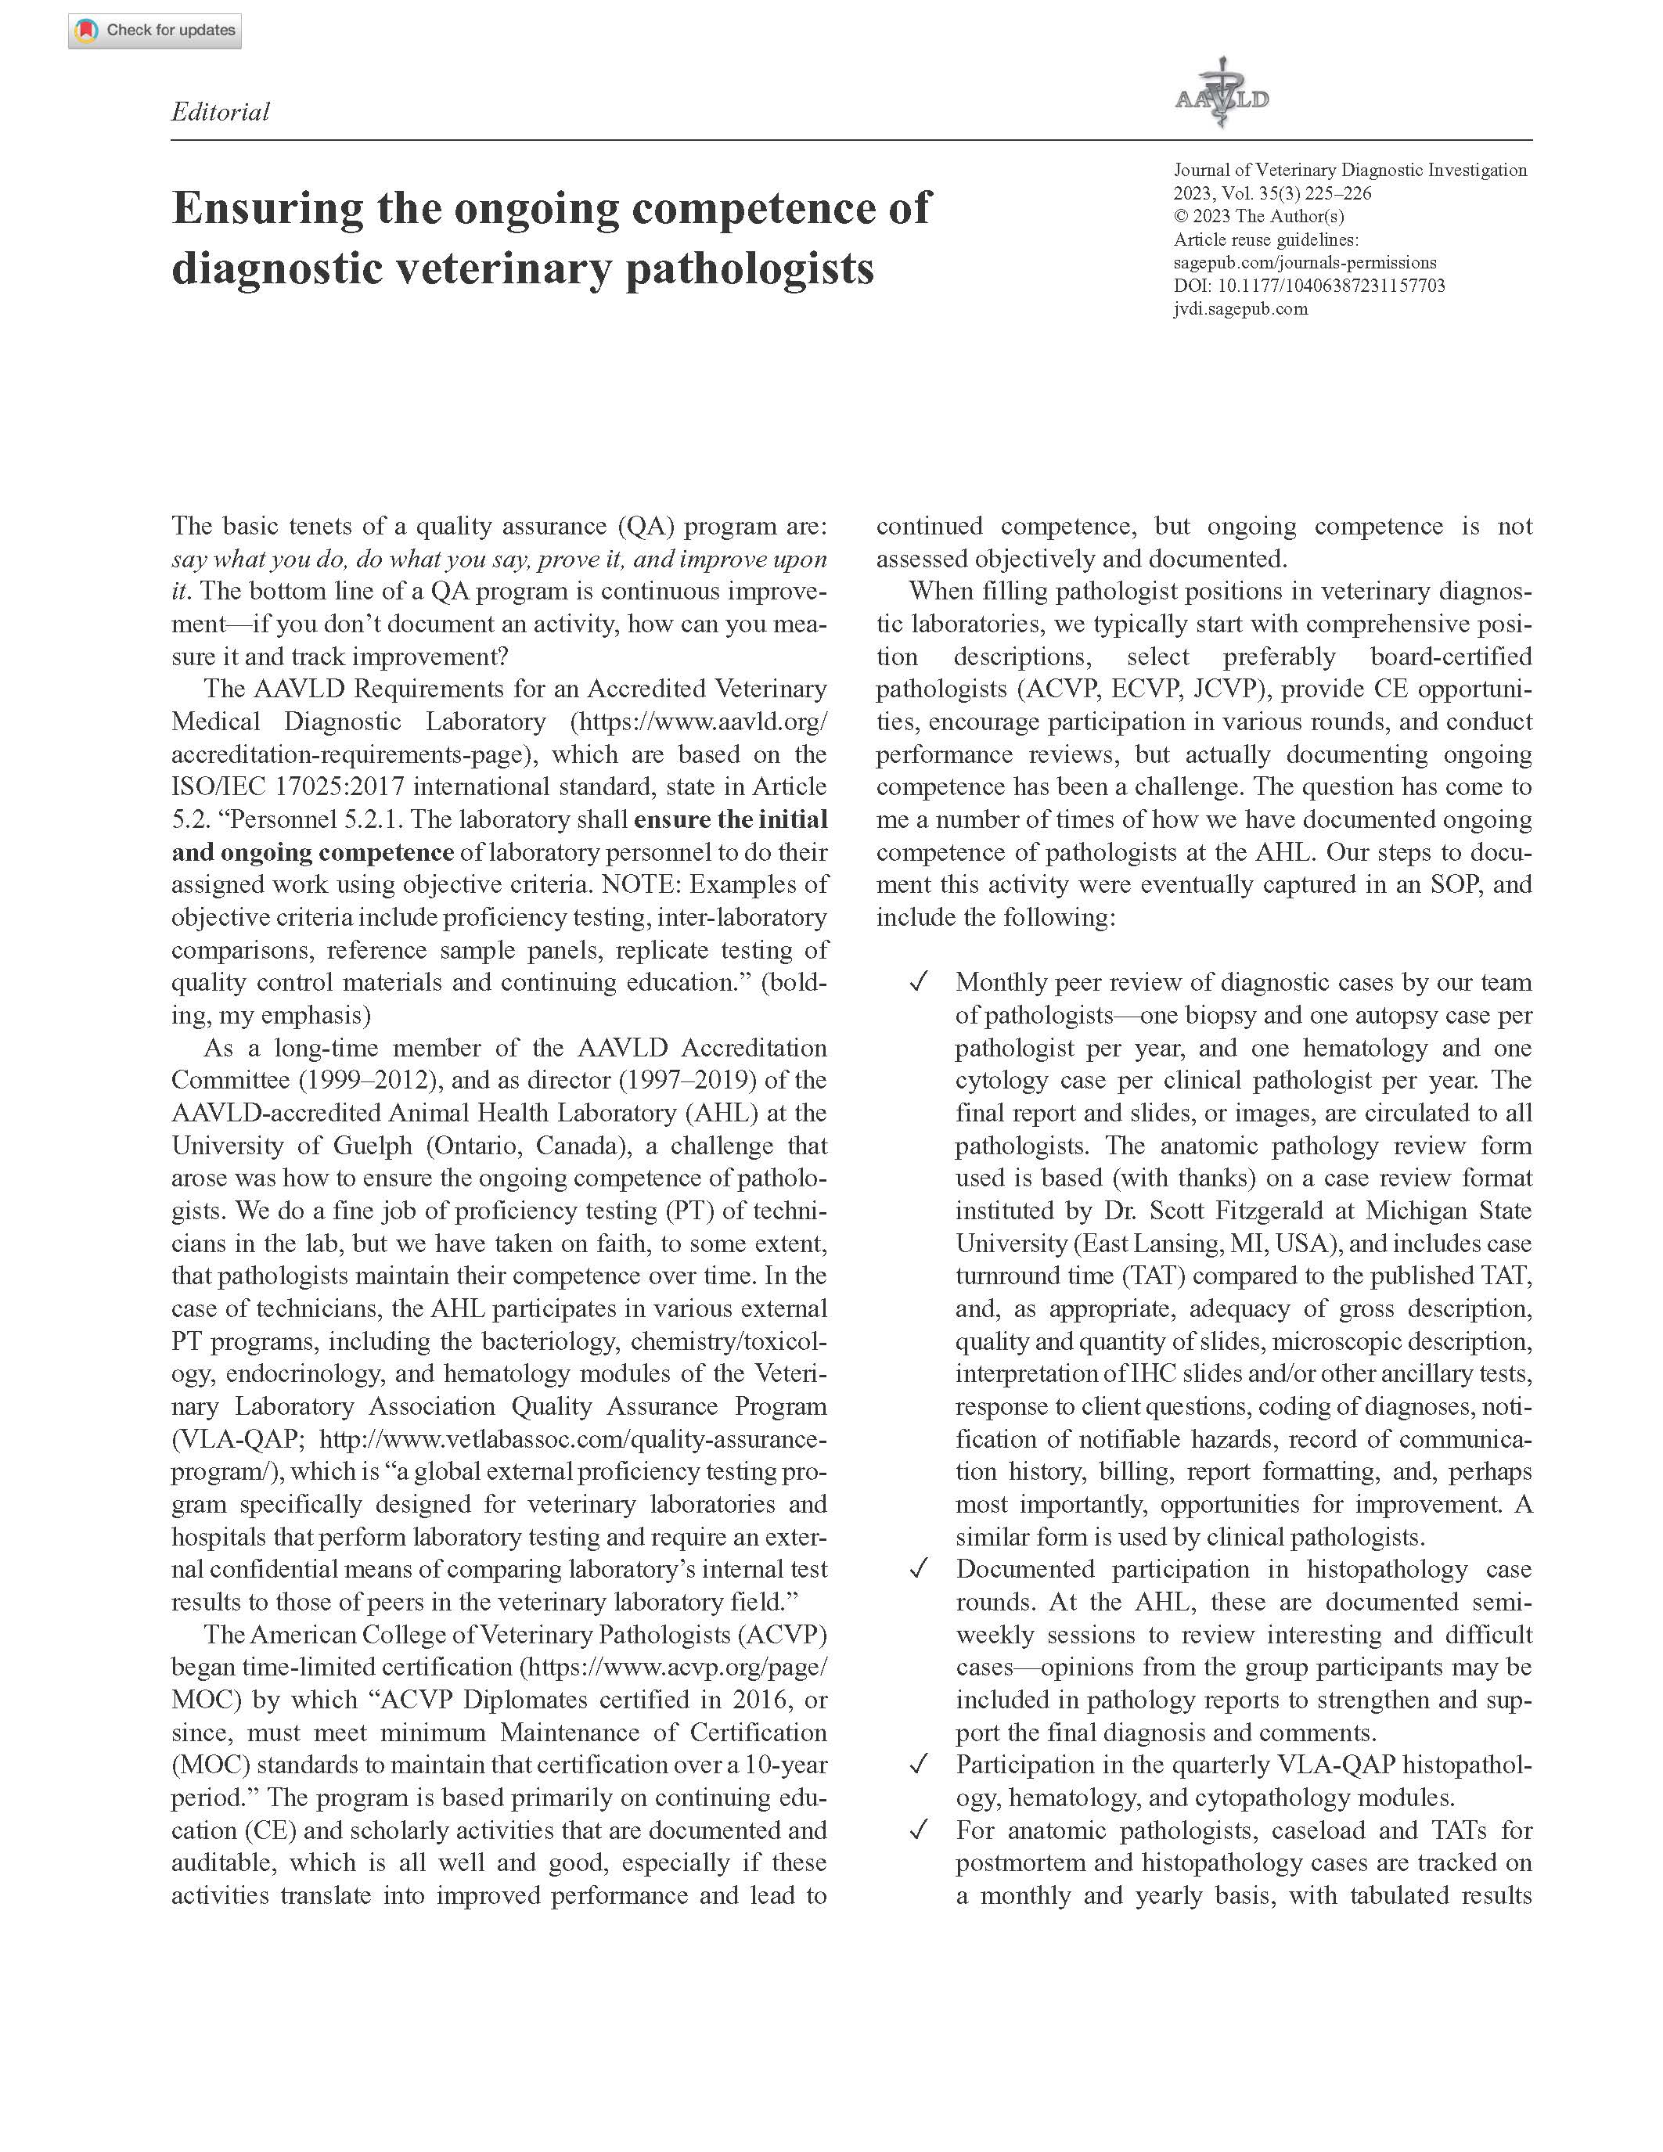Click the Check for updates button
pyautogui.click(x=155, y=31)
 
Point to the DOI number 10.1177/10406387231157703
pyautogui.click(x=1331, y=286)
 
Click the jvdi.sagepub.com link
pyautogui.click(x=1240, y=309)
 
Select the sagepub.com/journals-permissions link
pyautogui.click(x=1305, y=263)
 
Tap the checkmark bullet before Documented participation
pyautogui.click(x=918, y=1570)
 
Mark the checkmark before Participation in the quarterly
pyautogui.click(x=918, y=1765)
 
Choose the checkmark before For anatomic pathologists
pyautogui.click(x=918, y=1831)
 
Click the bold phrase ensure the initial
pyautogui.click(x=730, y=820)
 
